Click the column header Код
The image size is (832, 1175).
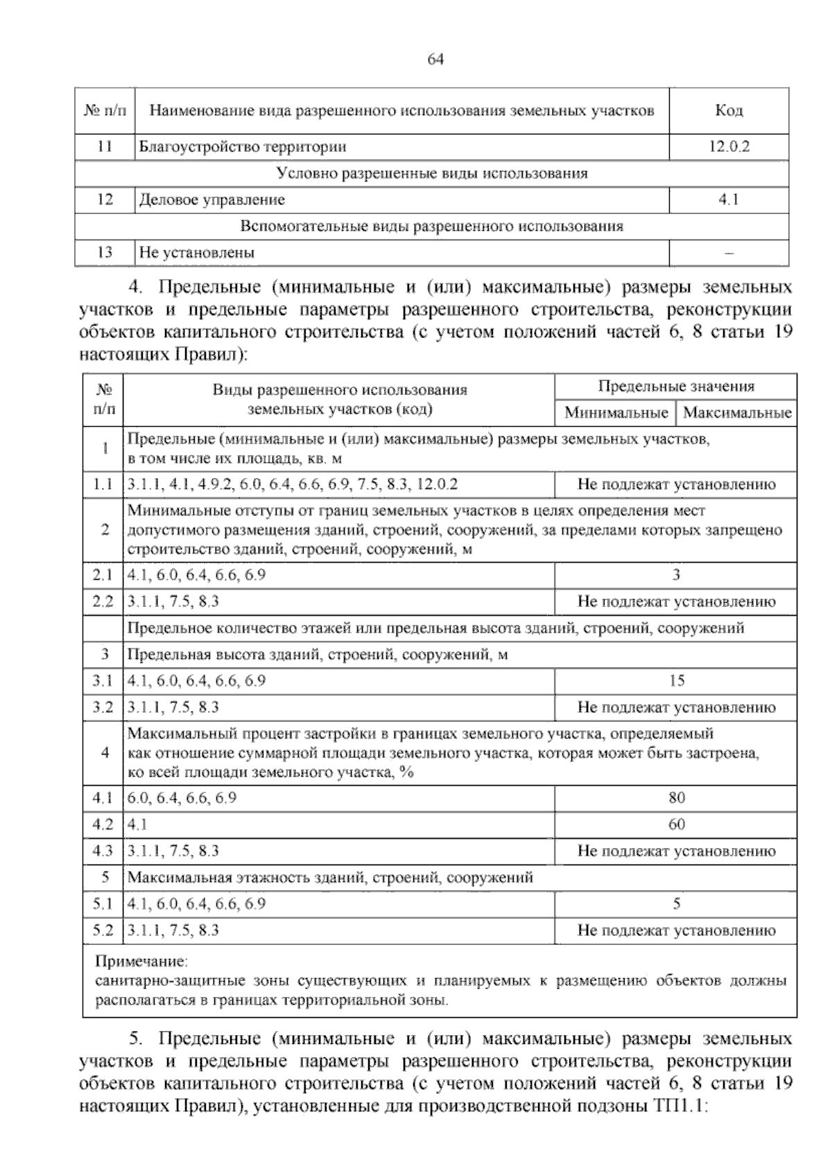(x=729, y=111)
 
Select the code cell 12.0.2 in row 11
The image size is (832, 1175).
(x=729, y=147)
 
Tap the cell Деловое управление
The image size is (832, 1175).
(x=212, y=200)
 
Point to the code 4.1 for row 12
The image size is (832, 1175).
(x=729, y=200)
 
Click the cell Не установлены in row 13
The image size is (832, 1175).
(x=197, y=253)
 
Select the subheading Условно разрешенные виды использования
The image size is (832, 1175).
(x=431, y=173)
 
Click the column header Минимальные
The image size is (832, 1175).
(x=616, y=413)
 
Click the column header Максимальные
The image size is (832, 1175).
(x=737, y=413)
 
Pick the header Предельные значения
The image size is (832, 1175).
(x=676, y=387)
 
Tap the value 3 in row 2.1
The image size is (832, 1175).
(x=676, y=575)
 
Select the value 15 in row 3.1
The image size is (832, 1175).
(x=677, y=681)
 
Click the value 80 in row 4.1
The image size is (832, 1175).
(x=677, y=798)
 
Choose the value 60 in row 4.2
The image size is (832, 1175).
(x=677, y=824)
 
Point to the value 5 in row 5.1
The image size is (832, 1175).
(x=677, y=904)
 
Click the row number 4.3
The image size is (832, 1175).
(x=103, y=851)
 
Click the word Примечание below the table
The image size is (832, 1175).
(x=141, y=962)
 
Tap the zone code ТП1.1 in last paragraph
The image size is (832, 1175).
(x=679, y=1106)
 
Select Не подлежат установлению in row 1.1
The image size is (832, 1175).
(x=676, y=484)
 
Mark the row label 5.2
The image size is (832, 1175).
(x=103, y=930)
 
